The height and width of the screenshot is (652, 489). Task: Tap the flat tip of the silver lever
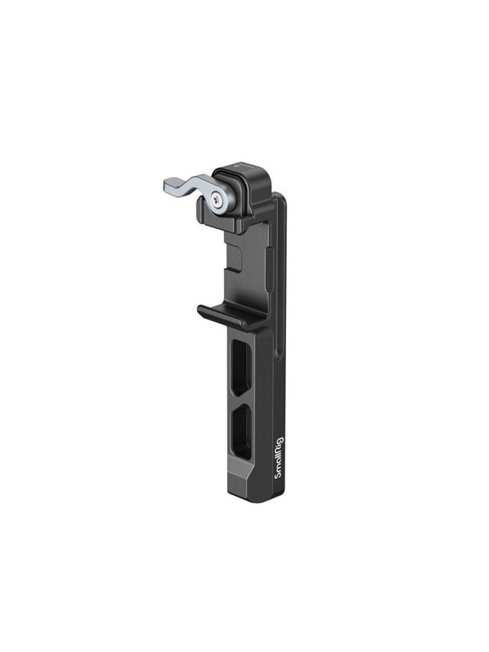166,183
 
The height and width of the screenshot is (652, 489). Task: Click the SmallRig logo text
279,458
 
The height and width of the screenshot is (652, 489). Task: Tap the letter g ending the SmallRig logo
279,440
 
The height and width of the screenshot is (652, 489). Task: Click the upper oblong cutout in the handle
241,367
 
